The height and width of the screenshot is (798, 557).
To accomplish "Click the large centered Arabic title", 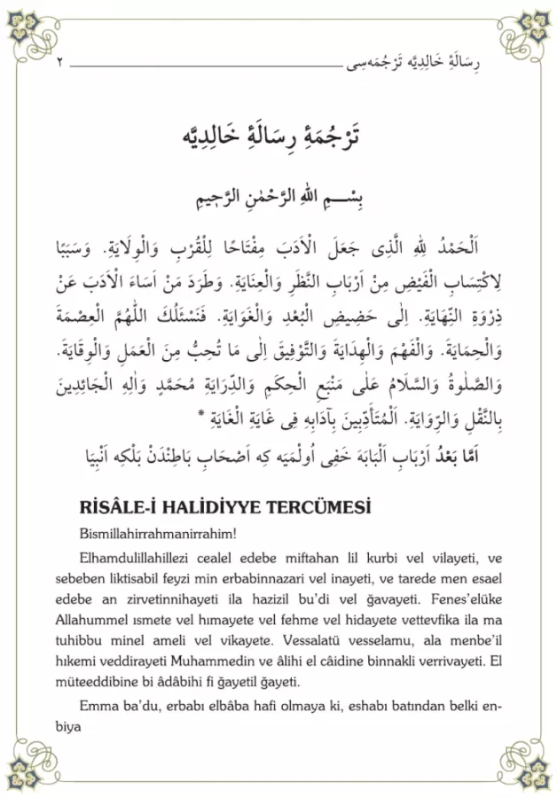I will [278, 138].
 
